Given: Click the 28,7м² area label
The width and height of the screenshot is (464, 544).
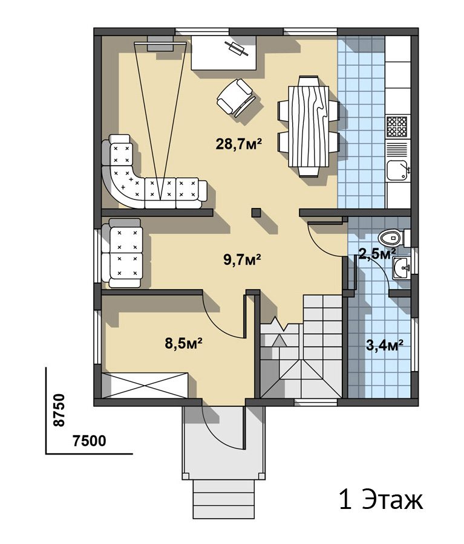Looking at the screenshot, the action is pos(238,143).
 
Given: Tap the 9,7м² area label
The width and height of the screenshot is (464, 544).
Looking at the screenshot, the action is pos(242,259).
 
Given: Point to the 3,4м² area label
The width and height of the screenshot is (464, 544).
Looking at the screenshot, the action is pos(385,345).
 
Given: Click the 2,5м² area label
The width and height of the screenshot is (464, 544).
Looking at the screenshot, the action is pos(377,254).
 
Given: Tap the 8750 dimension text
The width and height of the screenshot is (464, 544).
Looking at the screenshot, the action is pos(59,410).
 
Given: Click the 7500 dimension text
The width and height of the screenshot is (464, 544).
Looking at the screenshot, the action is pos(90,441).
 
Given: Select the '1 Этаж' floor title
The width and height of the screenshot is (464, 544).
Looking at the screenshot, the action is pos(381,500).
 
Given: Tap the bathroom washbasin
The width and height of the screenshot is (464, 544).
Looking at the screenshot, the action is pos(402,268).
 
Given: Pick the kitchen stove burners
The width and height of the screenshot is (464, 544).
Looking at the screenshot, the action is pos(397,126).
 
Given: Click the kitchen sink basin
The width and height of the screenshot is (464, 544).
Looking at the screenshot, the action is pos(397,170).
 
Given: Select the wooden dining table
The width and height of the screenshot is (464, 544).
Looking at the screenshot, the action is pos(309,126).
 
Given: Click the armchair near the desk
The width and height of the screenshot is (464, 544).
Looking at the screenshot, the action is pos(235,97).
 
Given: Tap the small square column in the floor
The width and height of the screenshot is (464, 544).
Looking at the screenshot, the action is pos(257,212).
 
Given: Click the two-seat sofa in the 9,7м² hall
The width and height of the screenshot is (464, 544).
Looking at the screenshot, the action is pos(122,253).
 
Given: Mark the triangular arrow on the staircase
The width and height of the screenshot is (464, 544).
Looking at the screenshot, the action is pos(279,341).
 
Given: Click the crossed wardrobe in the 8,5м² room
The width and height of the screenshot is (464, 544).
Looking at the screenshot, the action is pos(145,386).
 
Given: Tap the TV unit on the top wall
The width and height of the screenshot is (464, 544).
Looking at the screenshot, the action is pos(160,44).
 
